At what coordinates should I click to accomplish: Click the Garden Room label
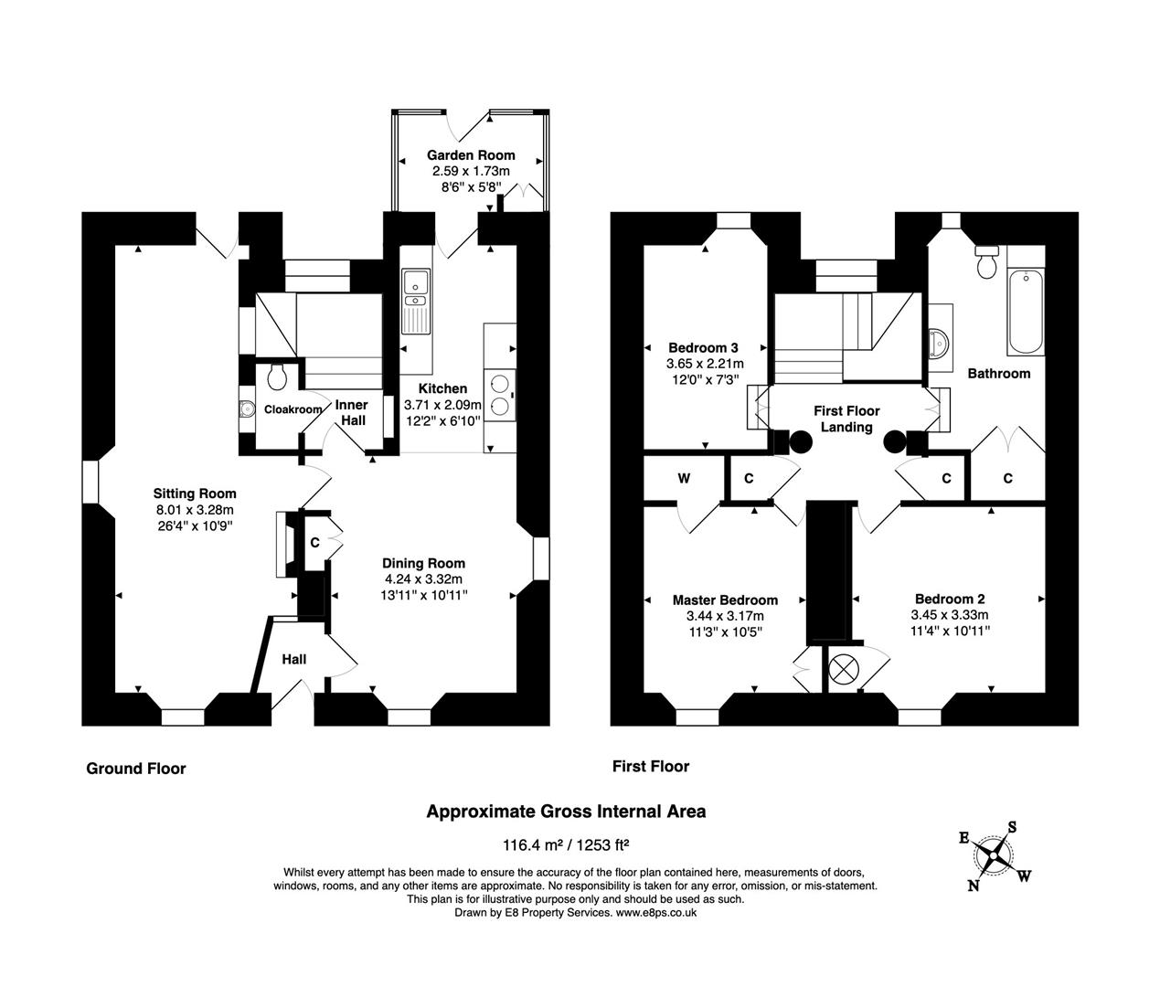click(471, 155)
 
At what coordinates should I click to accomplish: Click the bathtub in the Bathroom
click(1025, 313)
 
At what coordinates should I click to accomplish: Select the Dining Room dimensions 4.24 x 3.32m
click(423, 578)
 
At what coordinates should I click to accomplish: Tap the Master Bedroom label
click(725, 600)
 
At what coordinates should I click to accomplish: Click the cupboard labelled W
click(684, 478)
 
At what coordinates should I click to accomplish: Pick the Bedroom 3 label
click(703, 347)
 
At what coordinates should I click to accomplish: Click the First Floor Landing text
click(846, 419)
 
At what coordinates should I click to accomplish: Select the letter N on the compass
click(974, 885)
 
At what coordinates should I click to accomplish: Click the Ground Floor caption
click(136, 769)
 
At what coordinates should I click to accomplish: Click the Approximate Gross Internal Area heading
click(567, 811)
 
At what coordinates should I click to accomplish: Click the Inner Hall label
click(352, 412)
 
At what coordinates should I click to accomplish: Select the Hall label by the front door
click(293, 659)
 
